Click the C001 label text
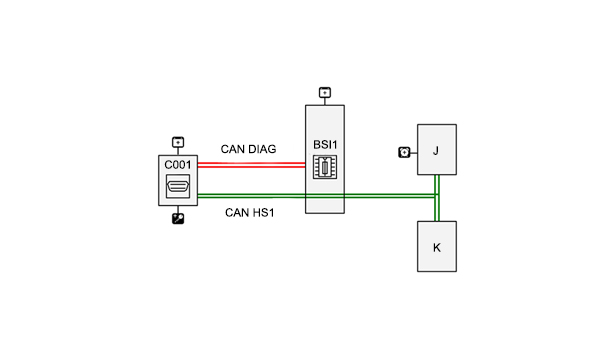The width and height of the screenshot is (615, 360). (x=178, y=165)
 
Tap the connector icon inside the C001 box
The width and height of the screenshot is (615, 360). (x=178, y=186)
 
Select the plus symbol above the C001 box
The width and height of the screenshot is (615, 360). (x=178, y=142)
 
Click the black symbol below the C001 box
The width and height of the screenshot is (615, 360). (x=178, y=218)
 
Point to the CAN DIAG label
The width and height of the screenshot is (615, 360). (x=248, y=149)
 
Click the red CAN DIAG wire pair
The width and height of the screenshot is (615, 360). (x=251, y=165)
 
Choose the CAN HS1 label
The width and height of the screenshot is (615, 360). (x=249, y=213)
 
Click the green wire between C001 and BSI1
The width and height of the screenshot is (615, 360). (x=251, y=196)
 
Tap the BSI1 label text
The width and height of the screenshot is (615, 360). (x=325, y=145)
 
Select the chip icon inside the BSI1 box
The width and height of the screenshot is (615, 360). (x=325, y=167)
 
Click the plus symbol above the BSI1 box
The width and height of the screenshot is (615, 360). (x=325, y=93)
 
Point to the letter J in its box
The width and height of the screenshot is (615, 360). (x=436, y=151)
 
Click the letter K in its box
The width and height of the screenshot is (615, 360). (x=437, y=248)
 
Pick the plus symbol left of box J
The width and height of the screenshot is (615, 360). (x=404, y=152)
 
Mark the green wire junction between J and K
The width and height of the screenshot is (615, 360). (x=437, y=196)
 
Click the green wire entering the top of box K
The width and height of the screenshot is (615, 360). (x=437, y=210)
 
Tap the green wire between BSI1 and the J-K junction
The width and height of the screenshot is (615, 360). (x=389, y=196)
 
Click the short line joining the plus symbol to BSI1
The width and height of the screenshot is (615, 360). (x=325, y=102)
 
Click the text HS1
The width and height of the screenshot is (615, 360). (x=264, y=213)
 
